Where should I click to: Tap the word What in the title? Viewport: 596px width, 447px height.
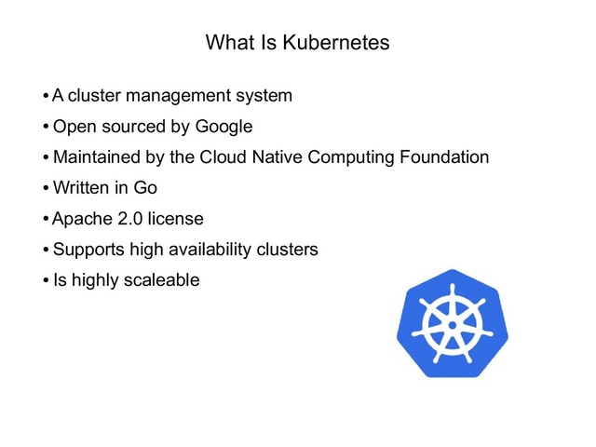point(227,43)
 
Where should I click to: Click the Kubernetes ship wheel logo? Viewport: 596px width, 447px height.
point(451,324)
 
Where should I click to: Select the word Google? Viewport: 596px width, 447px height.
point(223,126)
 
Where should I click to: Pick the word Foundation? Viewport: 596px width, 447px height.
point(441,156)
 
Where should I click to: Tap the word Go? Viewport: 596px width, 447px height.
point(145,188)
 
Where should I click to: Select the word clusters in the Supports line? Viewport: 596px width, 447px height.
point(287,250)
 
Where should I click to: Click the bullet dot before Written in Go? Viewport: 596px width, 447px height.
point(46,189)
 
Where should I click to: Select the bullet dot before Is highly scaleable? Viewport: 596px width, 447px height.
point(46,281)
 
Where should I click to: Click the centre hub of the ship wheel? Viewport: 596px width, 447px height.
point(451,325)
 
